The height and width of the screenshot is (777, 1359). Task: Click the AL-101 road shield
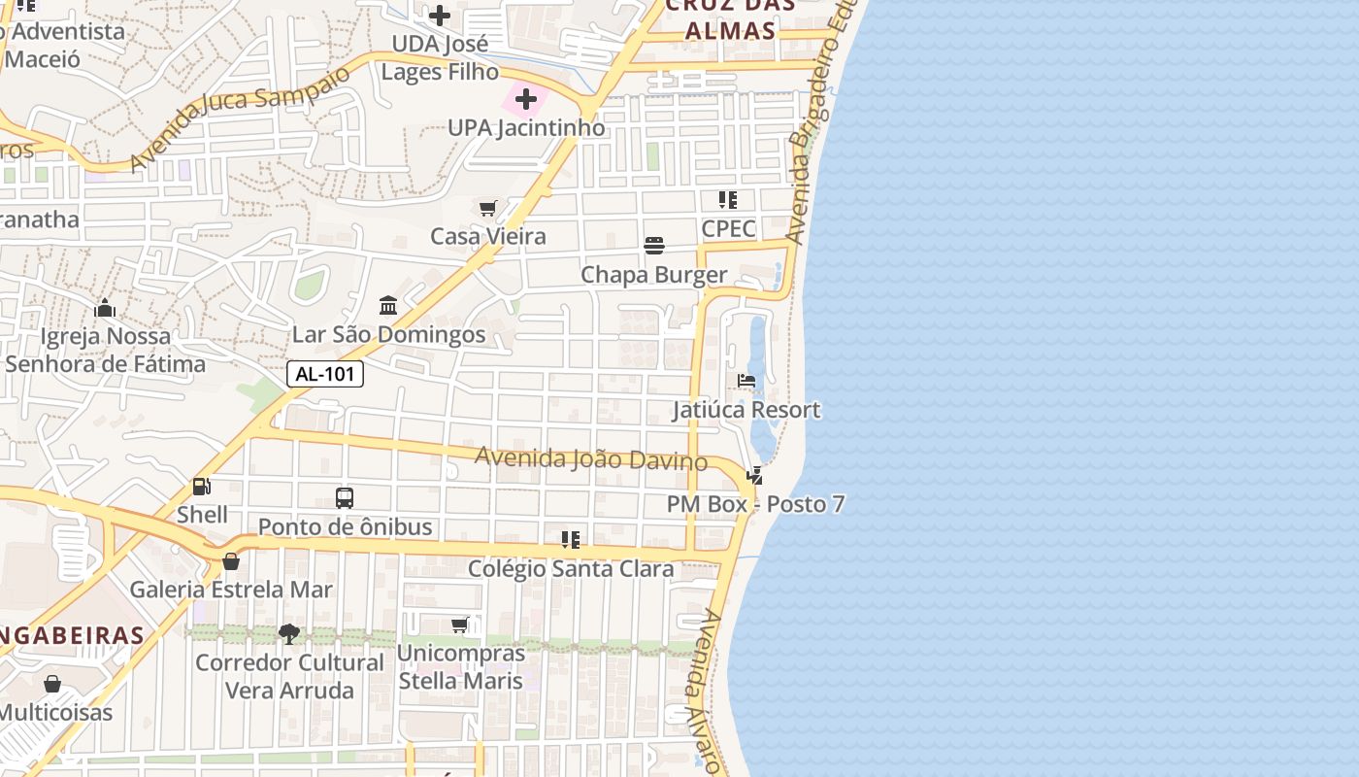(325, 374)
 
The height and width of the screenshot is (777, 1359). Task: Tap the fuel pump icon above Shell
(202, 487)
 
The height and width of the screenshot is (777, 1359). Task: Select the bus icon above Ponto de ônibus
(345, 498)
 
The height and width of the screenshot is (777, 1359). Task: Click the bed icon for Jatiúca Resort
(746, 381)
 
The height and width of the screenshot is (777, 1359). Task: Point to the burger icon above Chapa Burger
(654, 246)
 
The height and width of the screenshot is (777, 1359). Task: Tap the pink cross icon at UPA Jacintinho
(526, 99)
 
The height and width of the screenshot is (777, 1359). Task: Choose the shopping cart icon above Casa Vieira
(488, 208)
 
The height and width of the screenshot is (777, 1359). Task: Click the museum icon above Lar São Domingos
(389, 306)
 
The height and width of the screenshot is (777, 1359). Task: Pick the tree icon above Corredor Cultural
(288, 634)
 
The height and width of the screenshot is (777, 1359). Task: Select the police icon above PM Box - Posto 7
(754, 476)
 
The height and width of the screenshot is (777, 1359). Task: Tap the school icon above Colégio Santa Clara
(571, 539)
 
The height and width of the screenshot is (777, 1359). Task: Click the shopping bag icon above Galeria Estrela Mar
(231, 560)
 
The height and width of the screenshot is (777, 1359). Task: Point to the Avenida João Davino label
(590, 457)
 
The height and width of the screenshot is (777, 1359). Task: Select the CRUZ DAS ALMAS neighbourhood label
(730, 17)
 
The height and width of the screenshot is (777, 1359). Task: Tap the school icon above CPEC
(728, 200)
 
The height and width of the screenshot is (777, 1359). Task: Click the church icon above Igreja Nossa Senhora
(105, 309)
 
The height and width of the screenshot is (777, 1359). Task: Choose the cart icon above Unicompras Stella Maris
(460, 625)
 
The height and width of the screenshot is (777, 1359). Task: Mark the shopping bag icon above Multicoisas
(52, 684)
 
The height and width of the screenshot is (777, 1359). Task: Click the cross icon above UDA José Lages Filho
(440, 16)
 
